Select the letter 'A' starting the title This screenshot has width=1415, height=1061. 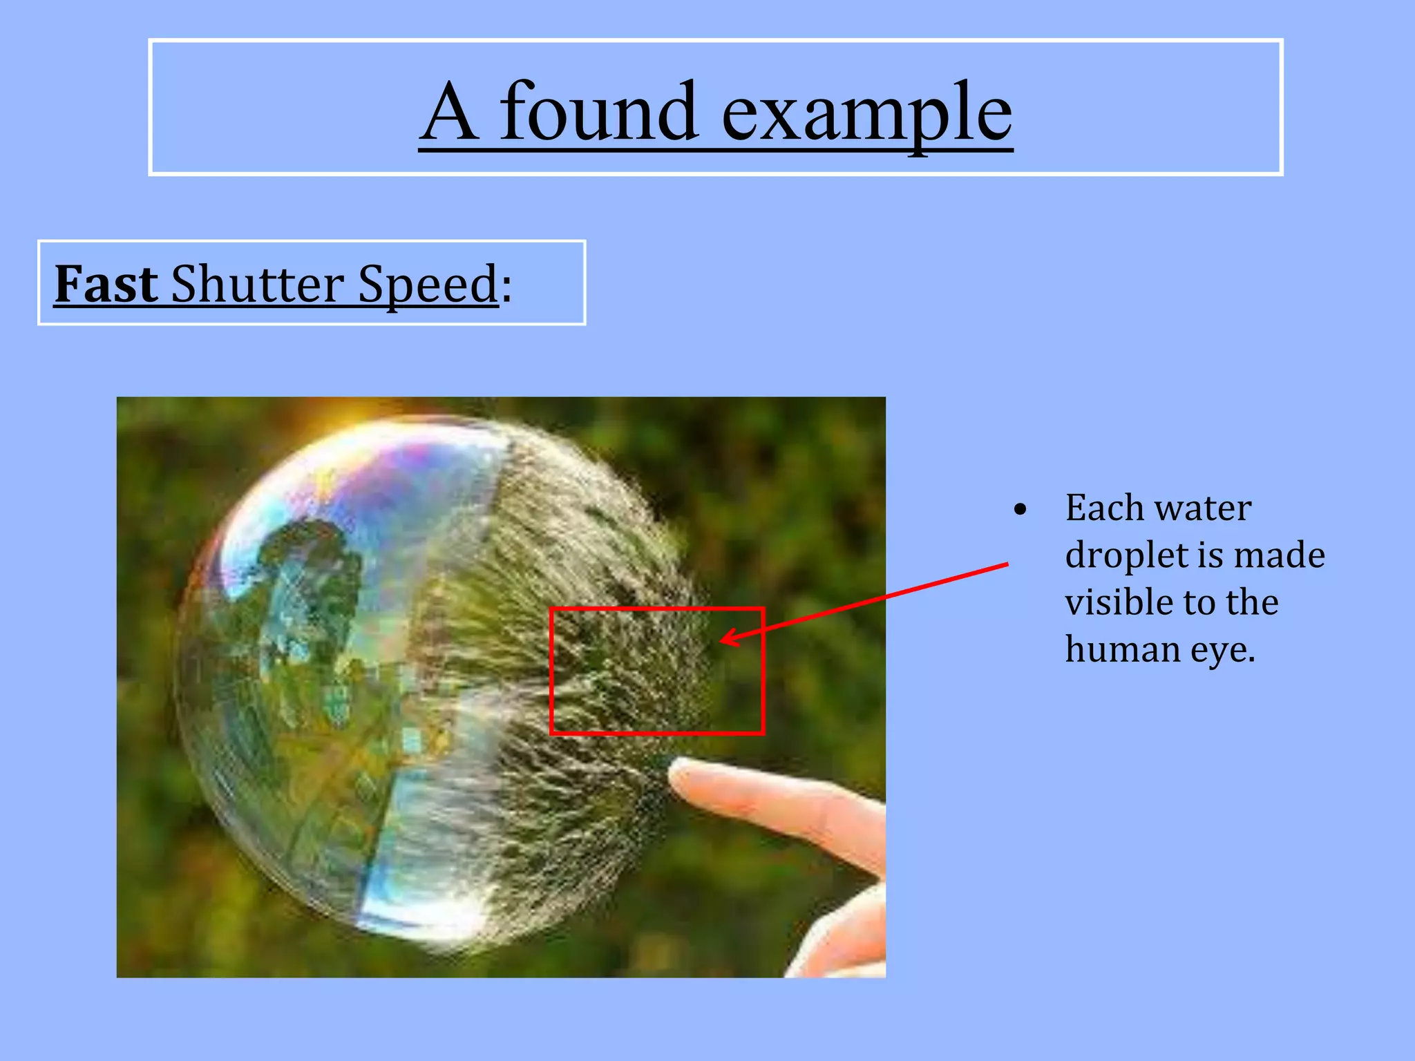(449, 113)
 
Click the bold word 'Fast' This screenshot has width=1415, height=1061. (106, 283)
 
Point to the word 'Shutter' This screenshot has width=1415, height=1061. (257, 283)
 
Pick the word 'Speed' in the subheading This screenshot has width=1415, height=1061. (428, 285)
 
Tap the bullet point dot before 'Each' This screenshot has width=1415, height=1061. (1020, 510)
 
